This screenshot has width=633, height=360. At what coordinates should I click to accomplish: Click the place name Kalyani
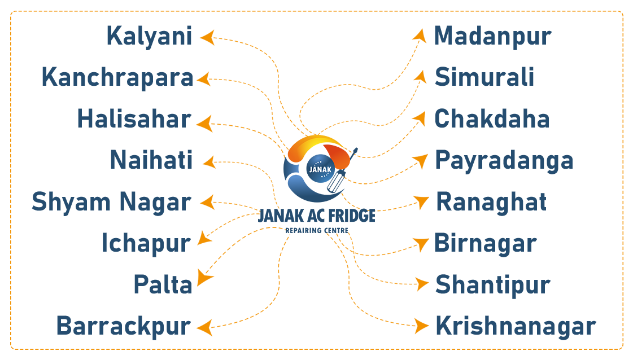tap(150, 37)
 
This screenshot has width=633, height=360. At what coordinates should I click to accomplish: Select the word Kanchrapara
tap(117, 78)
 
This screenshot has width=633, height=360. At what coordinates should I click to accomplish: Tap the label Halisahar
tap(134, 119)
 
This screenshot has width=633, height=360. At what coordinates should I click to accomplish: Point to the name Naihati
tap(151, 160)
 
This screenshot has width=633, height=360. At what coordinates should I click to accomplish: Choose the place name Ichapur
tap(146, 244)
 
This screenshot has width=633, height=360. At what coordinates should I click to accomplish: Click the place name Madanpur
tap(492, 37)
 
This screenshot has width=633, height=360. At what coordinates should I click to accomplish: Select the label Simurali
tap(484, 78)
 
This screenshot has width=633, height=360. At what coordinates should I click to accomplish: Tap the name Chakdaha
tap(492, 119)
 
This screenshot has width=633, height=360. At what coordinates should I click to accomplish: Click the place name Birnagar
tap(485, 244)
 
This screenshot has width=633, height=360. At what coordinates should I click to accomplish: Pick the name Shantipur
tap(492, 285)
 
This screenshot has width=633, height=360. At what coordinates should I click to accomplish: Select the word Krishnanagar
tap(516, 327)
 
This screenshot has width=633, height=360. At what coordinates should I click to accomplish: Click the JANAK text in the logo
tap(320, 169)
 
